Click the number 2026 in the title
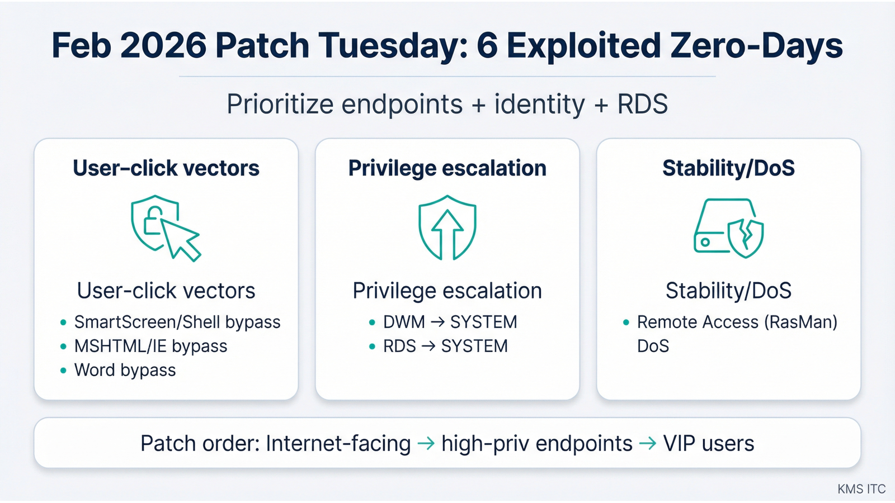[x=163, y=46]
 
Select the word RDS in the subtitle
[x=642, y=105]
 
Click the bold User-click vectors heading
[x=166, y=168]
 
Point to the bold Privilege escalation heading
[x=447, y=168]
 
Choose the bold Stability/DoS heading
[x=728, y=168]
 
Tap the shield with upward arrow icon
[x=447, y=227]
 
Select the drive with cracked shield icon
[x=728, y=228]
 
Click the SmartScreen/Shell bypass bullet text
[x=177, y=322]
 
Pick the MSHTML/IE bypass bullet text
[x=150, y=346]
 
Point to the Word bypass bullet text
[x=125, y=370]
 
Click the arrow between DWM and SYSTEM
[x=437, y=322]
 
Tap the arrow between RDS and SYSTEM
[x=428, y=346]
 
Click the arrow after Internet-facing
[x=426, y=444]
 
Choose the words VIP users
[x=708, y=444]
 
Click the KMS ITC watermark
[x=861, y=489]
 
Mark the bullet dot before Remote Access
[x=626, y=322]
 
